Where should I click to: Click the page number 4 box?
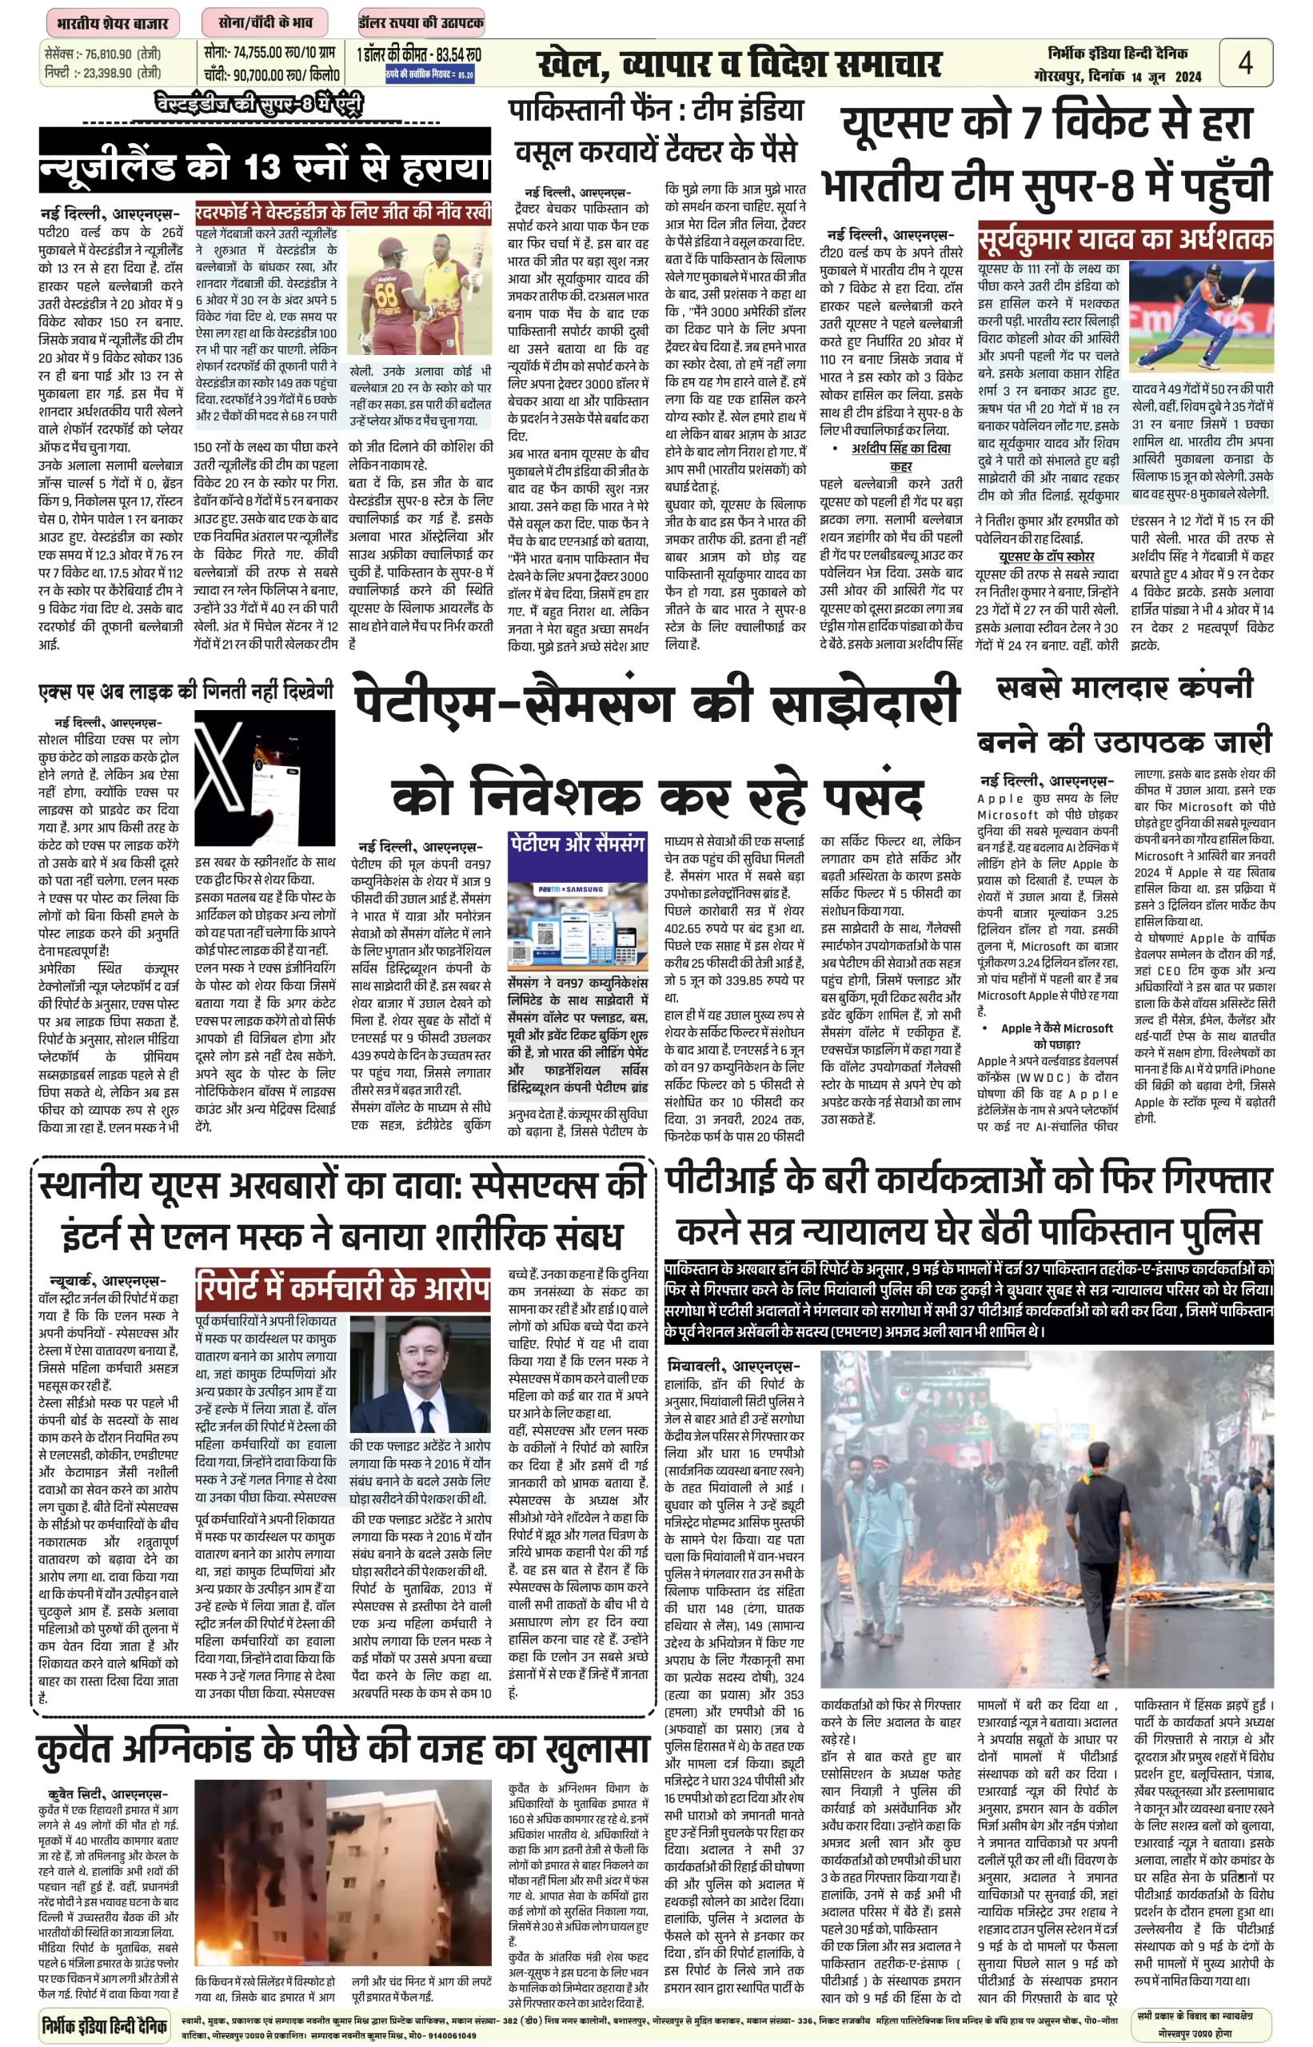tap(1246, 63)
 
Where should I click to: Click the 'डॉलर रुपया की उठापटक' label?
tap(421, 22)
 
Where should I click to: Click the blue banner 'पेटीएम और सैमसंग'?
tap(577, 845)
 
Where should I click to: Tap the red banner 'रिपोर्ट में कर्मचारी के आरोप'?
tap(343, 1288)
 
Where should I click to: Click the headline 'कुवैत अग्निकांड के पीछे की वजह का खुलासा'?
tap(343, 1747)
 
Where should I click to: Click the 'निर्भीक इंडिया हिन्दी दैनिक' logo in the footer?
tap(105, 2024)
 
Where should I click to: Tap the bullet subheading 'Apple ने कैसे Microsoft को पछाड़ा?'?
tap(1056, 1035)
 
